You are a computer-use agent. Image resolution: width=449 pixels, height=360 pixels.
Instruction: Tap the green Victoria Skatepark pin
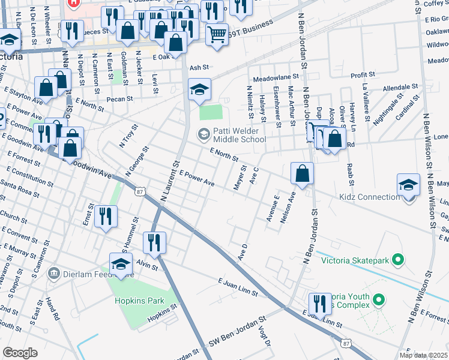[x=397, y=260]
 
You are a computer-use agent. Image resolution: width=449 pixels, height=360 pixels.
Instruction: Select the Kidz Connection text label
[x=369, y=197]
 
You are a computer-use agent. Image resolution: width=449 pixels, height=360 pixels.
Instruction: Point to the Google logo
[x=20, y=353]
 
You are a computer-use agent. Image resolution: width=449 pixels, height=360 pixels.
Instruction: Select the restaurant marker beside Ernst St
[x=106, y=217]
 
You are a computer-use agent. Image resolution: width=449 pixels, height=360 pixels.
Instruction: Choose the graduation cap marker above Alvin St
[x=121, y=264]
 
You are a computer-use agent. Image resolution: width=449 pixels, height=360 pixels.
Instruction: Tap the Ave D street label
[x=243, y=253]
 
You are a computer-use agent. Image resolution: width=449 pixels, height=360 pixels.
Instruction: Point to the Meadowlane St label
[x=276, y=78]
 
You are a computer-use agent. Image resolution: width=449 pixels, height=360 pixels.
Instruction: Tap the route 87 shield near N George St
[x=140, y=191]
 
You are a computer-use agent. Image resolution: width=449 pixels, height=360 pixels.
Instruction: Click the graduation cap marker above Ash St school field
[x=199, y=90]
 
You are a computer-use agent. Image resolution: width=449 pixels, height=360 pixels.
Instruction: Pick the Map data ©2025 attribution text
[x=423, y=355]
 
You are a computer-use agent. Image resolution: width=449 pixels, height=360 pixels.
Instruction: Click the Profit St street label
[x=362, y=75]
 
